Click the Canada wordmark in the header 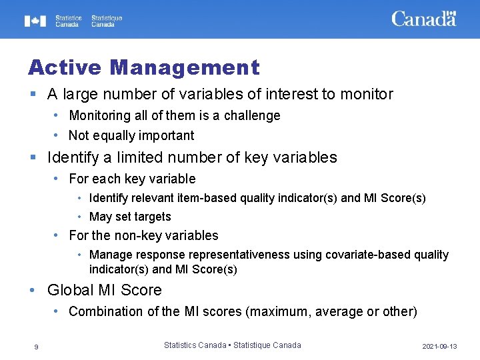tap(423, 19)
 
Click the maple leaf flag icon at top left tap(35, 21)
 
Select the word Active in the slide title tap(64, 67)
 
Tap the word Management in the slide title tap(185, 67)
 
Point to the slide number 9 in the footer tap(37, 347)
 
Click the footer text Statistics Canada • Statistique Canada tap(232, 345)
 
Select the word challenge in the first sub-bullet tap(252, 116)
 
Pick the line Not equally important tap(131, 136)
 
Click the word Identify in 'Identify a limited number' tap(73, 158)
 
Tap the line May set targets tap(130, 217)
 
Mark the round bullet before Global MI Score tap(32, 290)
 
